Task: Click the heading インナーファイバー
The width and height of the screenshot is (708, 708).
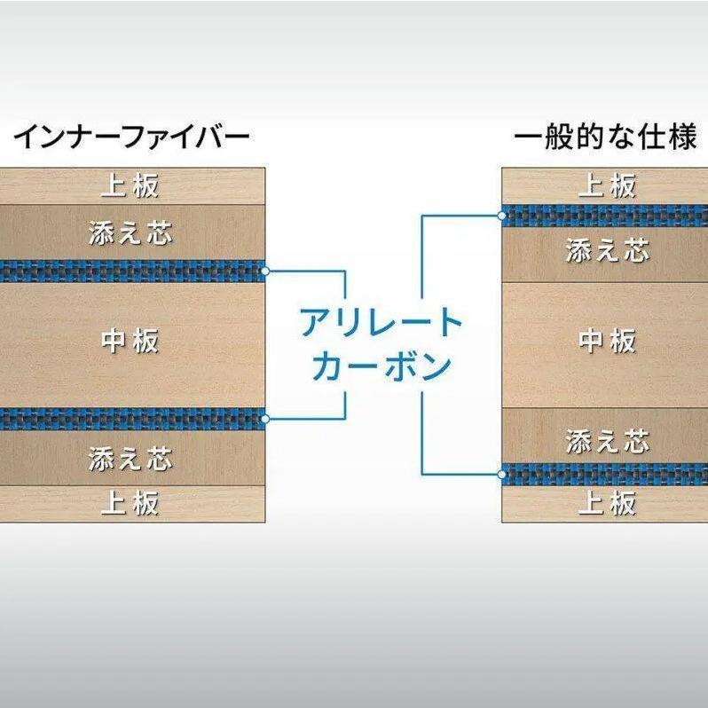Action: pos(132,138)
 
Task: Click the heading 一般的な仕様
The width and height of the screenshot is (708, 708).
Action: pos(606,137)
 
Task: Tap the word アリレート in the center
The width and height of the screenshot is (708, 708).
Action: pos(382,322)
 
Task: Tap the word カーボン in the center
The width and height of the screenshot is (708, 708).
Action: pos(382,366)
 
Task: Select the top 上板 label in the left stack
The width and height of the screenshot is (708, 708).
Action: pos(130,185)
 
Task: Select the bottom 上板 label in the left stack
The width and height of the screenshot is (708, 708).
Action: pos(130,503)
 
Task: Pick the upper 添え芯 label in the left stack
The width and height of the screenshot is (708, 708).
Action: pos(130,233)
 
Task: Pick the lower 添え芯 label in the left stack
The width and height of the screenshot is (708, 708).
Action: pos(130,459)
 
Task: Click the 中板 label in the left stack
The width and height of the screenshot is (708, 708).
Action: pos(130,341)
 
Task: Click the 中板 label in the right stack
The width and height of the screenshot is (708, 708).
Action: pos(608,341)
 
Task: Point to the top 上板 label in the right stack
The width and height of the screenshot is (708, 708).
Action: pos(608,185)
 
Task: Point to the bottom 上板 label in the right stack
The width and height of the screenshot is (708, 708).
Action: pos(608,503)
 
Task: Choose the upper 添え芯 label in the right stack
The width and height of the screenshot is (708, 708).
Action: pos(608,250)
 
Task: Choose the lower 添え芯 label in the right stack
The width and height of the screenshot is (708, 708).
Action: pos(608,441)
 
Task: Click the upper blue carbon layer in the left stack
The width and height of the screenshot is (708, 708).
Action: pos(132,271)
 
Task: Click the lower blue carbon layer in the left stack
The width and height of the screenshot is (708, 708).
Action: pos(132,419)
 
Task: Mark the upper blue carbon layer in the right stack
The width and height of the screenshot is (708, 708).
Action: pos(605,216)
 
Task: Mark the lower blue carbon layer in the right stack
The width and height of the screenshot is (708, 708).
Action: pos(605,475)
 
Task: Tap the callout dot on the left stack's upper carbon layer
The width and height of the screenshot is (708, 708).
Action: pos(265,271)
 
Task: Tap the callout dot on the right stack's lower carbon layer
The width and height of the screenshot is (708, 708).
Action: pos(501,475)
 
